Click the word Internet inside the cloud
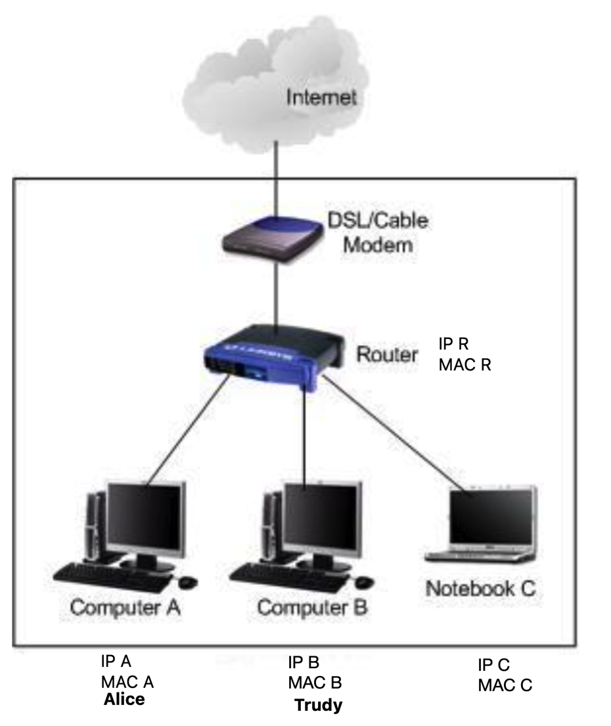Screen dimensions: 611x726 pyautogui.click(x=321, y=97)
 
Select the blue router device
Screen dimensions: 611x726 pyautogui.click(x=274, y=357)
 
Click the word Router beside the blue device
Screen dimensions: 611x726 pyautogui.click(x=387, y=355)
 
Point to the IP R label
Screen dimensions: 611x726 pyautogui.click(x=453, y=344)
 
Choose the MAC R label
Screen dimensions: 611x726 pyautogui.click(x=464, y=365)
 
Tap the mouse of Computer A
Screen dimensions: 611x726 pyautogui.click(x=187, y=582)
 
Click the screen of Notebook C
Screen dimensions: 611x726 pyautogui.click(x=491, y=516)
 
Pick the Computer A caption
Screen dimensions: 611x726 pyautogui.click(x=125, y=608)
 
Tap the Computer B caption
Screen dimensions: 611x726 pyautogui.click(x=313, y=608)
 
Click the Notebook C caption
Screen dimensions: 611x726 pyautogui.click(x=480, y=589)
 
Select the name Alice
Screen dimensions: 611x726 pyautogui.click(x=124, y=699)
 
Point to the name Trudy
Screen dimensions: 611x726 pyautogui.click(x=319, y=705)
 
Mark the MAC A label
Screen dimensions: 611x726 pyautogui.click(x=127, y=682)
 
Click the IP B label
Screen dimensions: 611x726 pyautogui.click(x=304, y=662)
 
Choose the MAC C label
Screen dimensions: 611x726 pyautogui.click(x=505, y=685)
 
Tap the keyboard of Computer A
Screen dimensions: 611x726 pyautogui.click(x=113, y=578)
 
